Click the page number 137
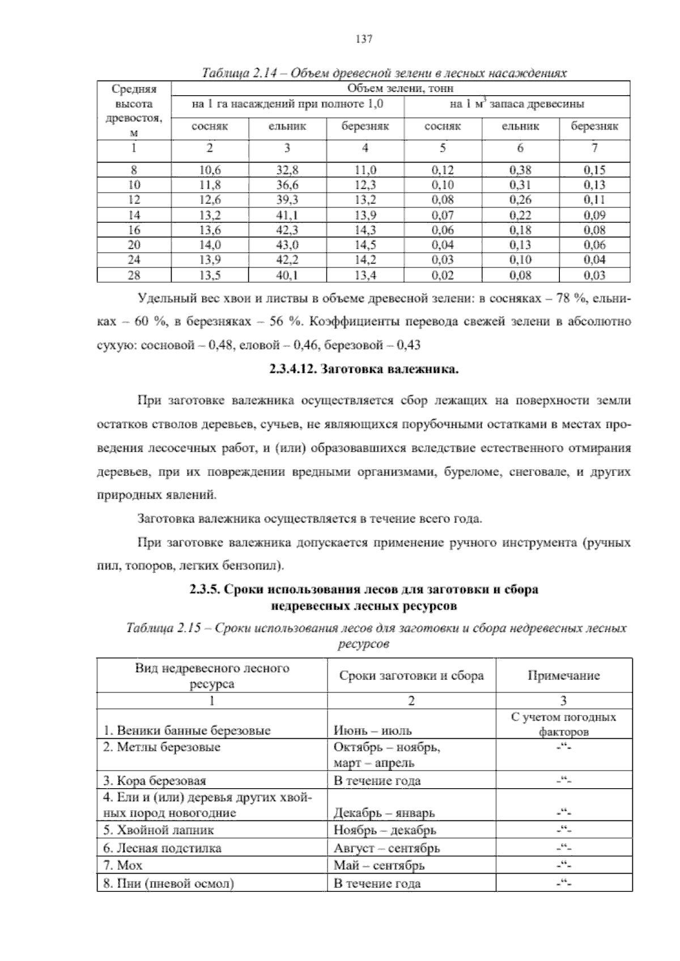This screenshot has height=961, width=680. click(363, 39)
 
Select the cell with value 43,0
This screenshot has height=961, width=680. click(287, 245)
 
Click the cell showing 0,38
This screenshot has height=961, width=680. click(520, 169)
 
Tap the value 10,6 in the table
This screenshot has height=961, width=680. click(210, 169)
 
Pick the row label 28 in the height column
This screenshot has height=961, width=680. click(134, 275)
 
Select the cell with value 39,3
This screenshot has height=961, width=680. click(287, 199)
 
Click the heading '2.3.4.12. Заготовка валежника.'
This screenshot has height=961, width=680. click(363, 370)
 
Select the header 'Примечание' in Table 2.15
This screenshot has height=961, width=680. click(563, 675)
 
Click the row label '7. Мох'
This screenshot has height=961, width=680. click(122, 865)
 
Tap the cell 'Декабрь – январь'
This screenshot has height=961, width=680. click(384, 813)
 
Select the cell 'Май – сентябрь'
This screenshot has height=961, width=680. click(379, 865)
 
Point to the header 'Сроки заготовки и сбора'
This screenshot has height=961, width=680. click(411, 675)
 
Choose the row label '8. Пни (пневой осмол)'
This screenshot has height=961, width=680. click(169, 883)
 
